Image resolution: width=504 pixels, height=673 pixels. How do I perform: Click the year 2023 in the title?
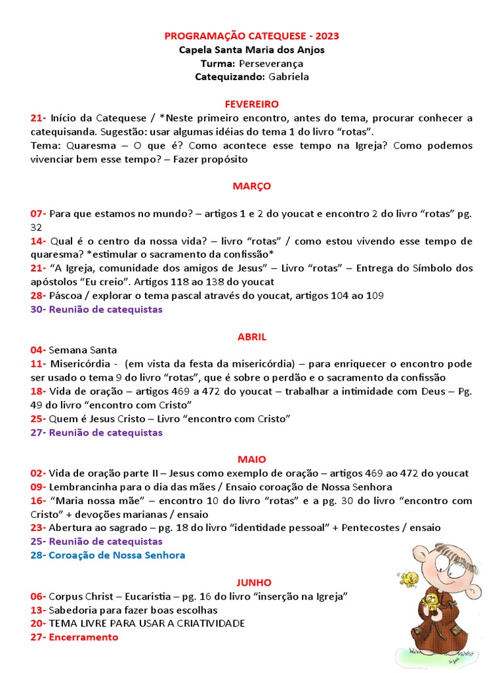coord(327,35)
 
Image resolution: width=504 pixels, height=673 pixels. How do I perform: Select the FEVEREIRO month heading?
coord(252,104)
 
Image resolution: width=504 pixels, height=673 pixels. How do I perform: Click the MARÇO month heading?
coord(252,186)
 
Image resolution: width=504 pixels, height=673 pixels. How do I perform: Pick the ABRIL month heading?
coord(252,336)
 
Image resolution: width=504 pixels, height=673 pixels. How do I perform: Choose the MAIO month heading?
coord(252,459)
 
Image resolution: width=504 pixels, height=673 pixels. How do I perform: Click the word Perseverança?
coord(271,63)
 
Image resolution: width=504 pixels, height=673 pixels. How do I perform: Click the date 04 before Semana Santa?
coord(37,350)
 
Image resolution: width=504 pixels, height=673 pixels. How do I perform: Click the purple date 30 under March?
coord(37,310)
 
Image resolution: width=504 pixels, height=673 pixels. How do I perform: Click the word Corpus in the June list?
coord(67,596)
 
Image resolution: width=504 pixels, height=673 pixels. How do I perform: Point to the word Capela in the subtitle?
coord(195,49)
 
